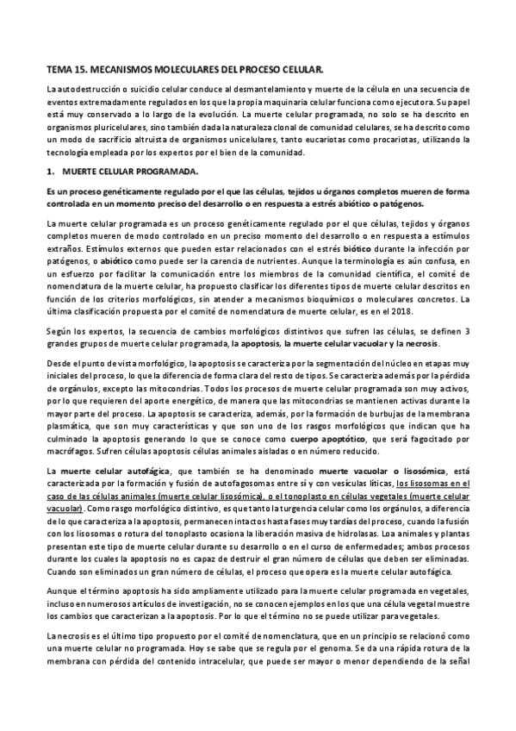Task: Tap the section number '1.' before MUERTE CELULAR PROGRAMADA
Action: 51,172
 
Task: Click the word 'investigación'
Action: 224,607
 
